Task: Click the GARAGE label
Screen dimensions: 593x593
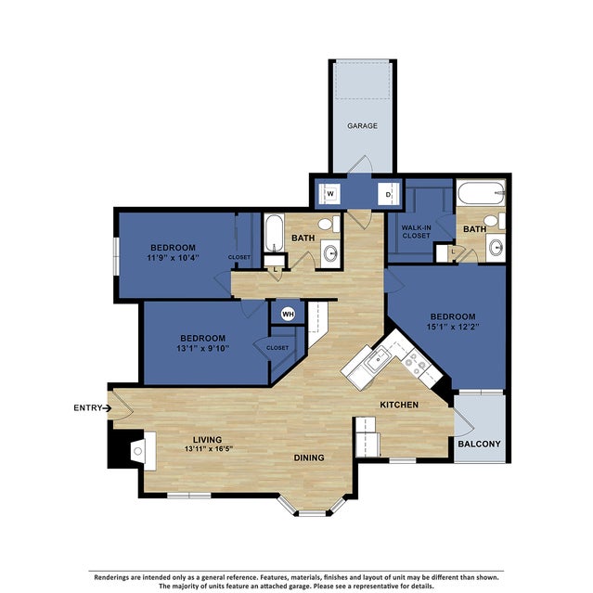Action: pos(362,125)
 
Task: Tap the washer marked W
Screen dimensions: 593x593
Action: pos(329,194)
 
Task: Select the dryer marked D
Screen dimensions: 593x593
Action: pos(389,194)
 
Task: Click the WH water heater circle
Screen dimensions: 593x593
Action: pos(288,314)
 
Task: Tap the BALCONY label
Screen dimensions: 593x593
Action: pos(479,444)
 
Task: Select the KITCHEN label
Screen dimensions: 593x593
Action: pos(399,405)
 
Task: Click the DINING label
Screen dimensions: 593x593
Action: pos(309,458)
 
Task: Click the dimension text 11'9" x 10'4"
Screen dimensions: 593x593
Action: pos(173,259)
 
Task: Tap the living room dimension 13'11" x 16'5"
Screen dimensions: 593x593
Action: pos(213,450)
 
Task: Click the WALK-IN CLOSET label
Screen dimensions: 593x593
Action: pos(415,231)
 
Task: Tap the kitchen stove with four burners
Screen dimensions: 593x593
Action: pos(422,369)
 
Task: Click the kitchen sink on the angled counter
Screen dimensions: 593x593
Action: pos(378,359)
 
